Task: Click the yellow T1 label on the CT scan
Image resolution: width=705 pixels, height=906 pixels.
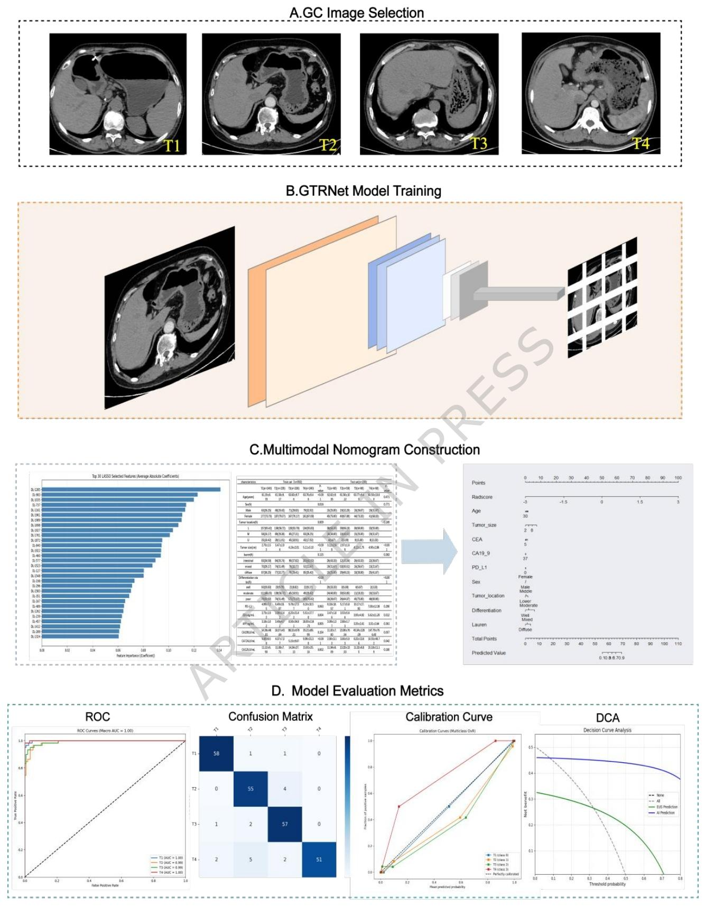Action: click(x=172, y=145)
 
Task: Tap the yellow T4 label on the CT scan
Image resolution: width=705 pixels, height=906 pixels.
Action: click(x=641, y=143)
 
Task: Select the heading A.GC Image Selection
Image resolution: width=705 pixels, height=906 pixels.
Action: click(x=357, y=13)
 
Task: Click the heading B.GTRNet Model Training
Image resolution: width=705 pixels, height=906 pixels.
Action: click(x=364, y=191)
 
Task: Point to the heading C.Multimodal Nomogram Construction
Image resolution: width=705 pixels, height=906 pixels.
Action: click(x=365, y=450)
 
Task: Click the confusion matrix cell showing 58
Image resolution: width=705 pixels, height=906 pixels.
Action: click(x=216, y=753)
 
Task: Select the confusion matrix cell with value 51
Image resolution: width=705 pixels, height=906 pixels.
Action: click(x=319, y=859)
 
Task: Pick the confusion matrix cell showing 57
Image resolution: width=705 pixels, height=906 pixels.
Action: click(x=285, y=824)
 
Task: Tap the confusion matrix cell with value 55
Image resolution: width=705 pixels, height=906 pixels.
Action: click(x=251, y=789)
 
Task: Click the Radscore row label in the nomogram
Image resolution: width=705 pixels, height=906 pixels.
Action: click(x=482, y=497)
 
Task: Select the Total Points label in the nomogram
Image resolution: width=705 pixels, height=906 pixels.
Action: click(x=484, y=639)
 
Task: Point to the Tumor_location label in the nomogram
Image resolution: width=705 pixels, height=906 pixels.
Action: click(x=488, y=596)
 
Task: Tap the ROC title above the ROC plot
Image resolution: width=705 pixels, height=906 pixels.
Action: click(x=98, y=717)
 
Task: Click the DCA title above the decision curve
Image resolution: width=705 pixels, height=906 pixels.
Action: click(x=607, y=718)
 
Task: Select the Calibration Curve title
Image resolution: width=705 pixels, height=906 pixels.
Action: click(x=449, y=717)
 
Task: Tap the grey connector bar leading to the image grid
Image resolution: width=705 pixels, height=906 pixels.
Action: click(x=518, y=294)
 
